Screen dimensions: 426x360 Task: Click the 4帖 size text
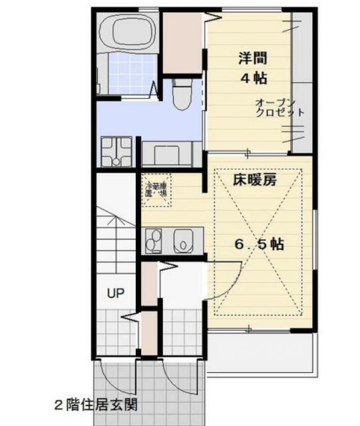(x=254, y=78)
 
